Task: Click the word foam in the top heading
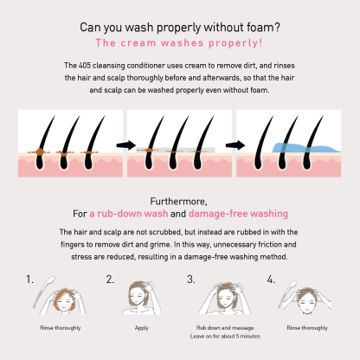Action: [x=262, y=28]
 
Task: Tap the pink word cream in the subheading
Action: [x=138, y=43]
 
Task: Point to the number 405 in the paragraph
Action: [x=85, y=66]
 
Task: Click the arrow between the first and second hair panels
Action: [x=126, y=145]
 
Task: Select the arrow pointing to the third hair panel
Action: [x=235, y=145]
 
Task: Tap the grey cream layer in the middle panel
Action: [x=176, y=150]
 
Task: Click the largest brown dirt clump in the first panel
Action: [x=38, y=151]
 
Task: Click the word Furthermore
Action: [x=178, y=202]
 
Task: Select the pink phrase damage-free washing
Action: [x=238, y=214]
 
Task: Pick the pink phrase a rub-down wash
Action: [x=129, y=214]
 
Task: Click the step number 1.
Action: [x=29, y=280]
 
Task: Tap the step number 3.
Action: [x=190, y=280]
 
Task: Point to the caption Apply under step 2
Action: [x=141, y=328]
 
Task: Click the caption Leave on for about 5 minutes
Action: [x=226, y=336]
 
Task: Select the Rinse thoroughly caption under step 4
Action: [x=307, y=328]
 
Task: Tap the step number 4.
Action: [x=271, y=280]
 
